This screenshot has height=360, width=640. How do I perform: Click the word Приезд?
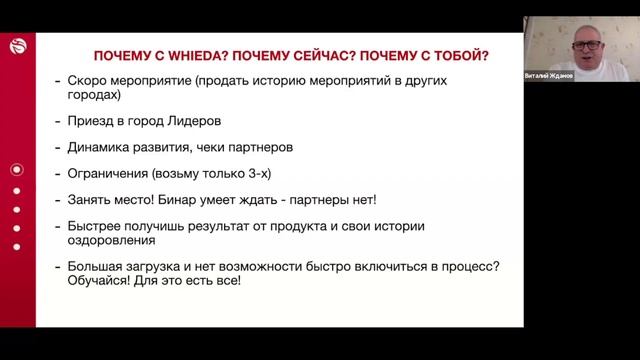[94, 122]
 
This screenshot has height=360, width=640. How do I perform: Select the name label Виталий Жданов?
[549, 76]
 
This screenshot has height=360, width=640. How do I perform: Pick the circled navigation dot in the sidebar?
[16, 170]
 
